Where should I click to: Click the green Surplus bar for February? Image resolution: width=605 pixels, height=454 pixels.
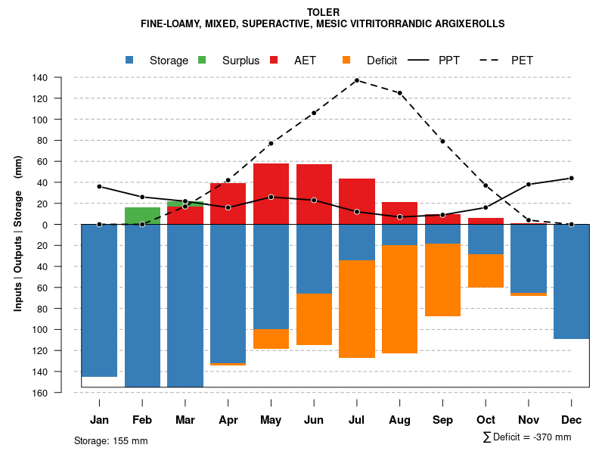tap(142, 215)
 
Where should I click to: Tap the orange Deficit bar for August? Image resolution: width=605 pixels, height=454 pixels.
tap(399, 299)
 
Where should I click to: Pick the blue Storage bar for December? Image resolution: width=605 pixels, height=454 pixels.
tap(571, 281)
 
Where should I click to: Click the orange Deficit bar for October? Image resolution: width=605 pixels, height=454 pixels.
tap(486, 271)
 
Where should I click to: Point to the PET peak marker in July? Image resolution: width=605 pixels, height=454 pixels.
tap(356, 80)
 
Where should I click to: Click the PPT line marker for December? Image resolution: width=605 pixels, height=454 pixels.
tap(571, 178)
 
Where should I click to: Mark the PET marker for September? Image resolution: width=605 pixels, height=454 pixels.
tap(442, 141)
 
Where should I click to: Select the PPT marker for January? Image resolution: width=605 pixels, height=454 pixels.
tap(99, 186)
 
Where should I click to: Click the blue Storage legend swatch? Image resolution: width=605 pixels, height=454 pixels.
tap(130, 60)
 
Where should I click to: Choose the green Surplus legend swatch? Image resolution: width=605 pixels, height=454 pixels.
tap(202, 60)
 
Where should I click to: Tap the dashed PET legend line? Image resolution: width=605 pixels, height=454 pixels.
tap(492, 60)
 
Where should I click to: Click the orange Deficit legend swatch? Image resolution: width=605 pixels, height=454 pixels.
tap(346, 60)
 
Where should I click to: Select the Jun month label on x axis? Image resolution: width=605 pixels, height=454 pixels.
tap(313, 420)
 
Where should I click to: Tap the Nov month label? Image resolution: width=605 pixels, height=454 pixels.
tap(529, 420)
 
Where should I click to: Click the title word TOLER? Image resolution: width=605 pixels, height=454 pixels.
tap(323, 12)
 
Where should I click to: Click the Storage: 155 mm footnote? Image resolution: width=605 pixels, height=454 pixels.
tap(110, 440)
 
